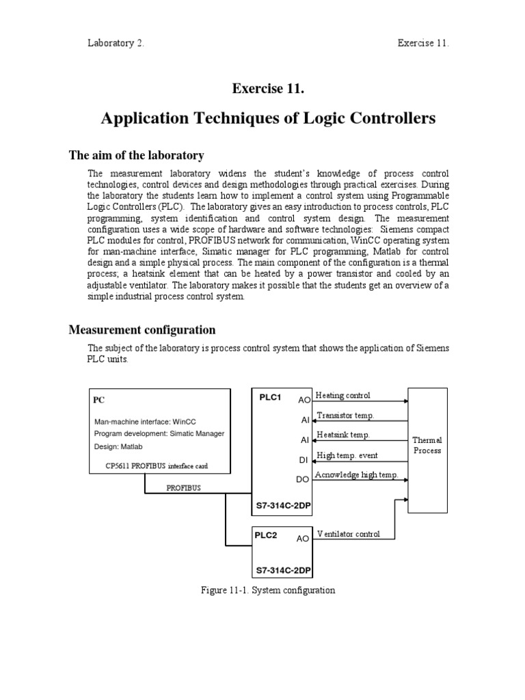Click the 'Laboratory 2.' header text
116,43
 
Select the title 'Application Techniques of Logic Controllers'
268,119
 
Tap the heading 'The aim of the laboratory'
137,156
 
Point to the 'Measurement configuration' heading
142,330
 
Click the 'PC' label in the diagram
100,400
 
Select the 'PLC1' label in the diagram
270,397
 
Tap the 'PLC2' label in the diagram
266,535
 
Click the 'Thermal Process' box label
427,445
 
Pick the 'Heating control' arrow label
342,396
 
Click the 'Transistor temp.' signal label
345,416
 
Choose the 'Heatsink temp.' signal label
342,435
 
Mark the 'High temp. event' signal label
347,455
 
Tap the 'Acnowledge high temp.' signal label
356,474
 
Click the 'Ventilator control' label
348,533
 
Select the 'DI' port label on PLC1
304,460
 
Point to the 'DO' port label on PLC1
303,480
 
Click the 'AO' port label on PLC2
303,539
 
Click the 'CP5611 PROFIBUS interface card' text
151,466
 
